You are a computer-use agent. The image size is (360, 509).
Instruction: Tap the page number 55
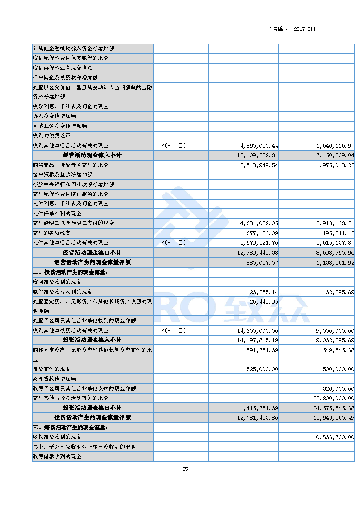[x=185, y=469]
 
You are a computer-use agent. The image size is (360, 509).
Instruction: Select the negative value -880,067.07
[x=261, y=262]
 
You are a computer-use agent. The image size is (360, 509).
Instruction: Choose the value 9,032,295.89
[x=332, y=340]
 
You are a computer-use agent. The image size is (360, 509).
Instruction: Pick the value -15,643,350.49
[x=331, y=417]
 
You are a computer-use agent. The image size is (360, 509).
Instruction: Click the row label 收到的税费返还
[x=52, y=136]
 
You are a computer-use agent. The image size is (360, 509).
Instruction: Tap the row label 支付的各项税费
[x=52, y=233]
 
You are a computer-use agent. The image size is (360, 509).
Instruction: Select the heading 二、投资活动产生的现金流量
[x=71, y=272]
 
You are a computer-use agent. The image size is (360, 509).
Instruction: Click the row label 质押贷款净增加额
[x=54, y=378]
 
